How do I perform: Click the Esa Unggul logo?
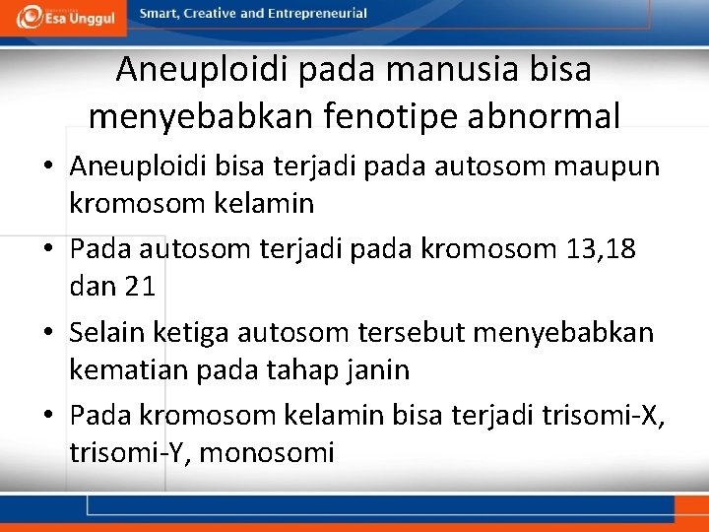pos(66,17)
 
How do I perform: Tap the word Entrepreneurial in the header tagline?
pos(316,14)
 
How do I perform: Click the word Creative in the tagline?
pos(210,14)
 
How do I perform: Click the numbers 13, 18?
pos(599,249)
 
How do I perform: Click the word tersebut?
pos(417,332)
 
